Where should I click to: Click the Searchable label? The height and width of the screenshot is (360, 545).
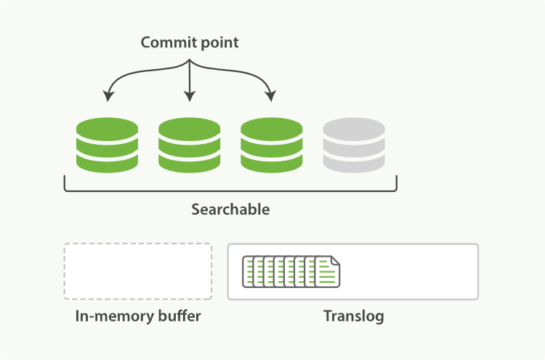230,209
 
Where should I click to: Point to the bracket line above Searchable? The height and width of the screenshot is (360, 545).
230,191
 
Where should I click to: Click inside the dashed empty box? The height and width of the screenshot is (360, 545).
138,271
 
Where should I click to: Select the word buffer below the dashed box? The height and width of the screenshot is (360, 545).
178,316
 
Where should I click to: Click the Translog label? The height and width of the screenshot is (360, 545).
353,316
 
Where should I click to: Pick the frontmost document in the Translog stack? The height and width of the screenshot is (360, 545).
328,272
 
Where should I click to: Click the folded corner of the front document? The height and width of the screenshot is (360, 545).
335,260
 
